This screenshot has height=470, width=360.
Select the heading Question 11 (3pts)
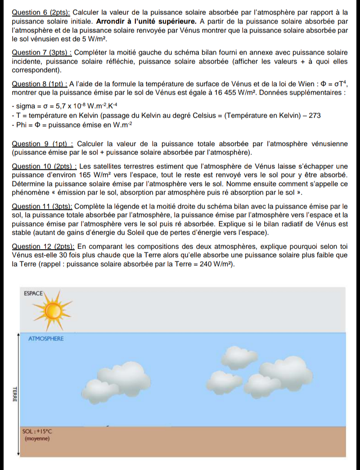[x=43, y=206]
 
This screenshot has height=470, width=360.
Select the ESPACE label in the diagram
[x=34, y=293]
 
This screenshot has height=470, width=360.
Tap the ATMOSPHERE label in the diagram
[x=46, y=339]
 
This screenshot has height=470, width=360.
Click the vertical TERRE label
[x=14, y=394]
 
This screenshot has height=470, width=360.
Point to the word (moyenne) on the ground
[x=37, y=438]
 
